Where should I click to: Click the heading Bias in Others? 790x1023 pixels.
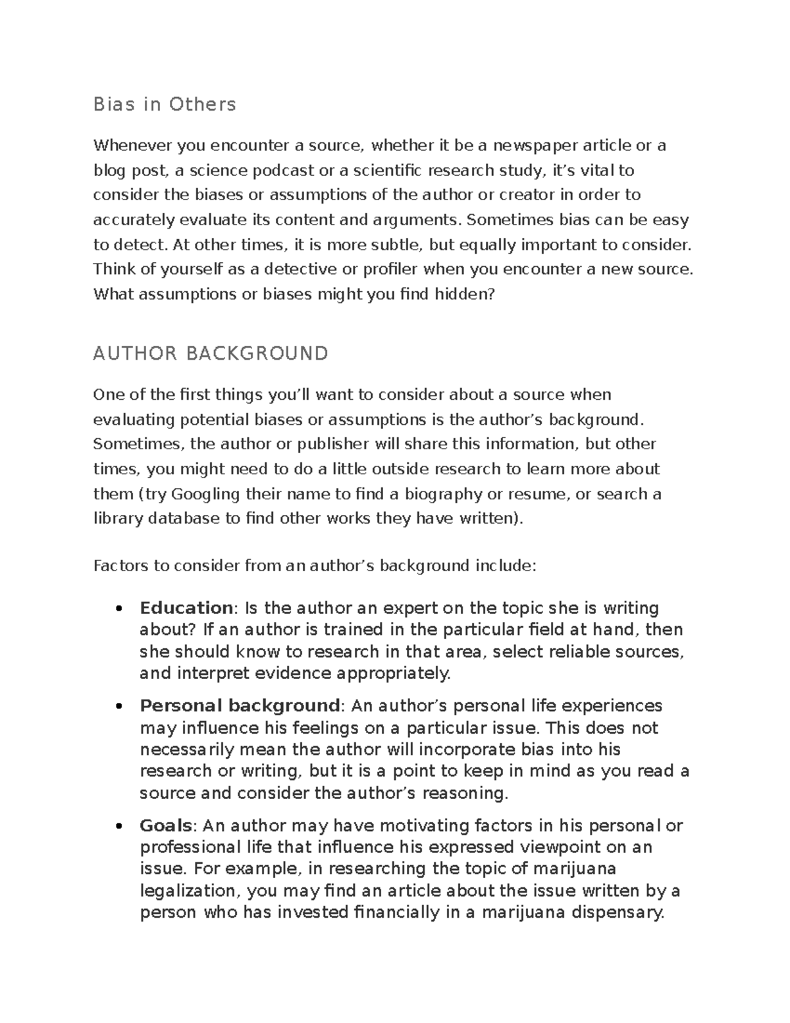tap(165, 105)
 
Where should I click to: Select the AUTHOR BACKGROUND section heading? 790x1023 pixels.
tap(211, 354)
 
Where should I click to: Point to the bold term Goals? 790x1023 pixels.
tap(166, 825)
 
